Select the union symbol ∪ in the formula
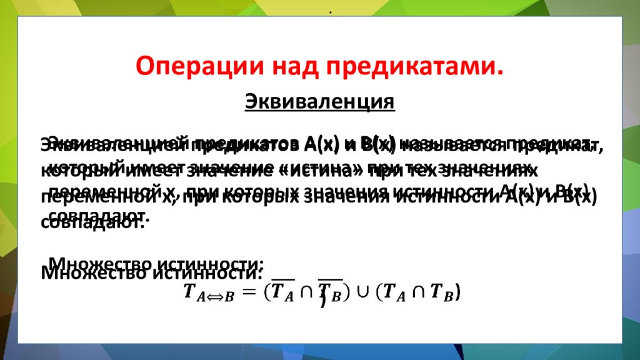coord(361,292)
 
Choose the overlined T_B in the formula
coord(328,292)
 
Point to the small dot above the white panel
coord(329,14)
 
